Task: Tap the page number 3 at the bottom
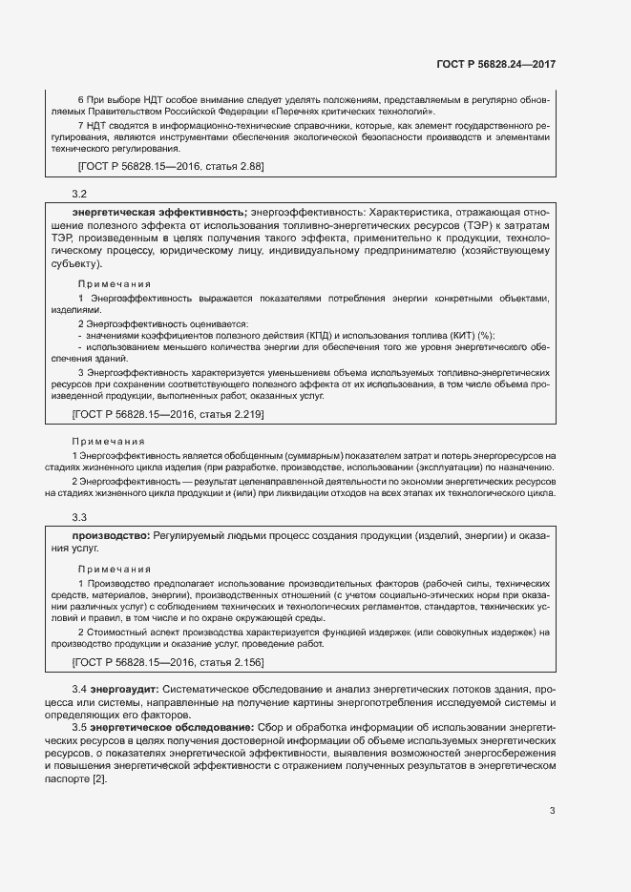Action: point(552,811)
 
